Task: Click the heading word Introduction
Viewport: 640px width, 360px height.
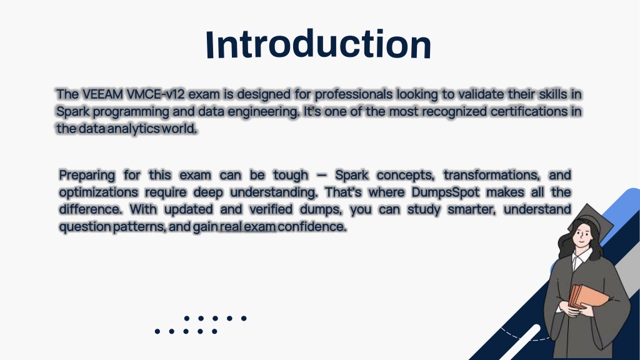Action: [318, 44]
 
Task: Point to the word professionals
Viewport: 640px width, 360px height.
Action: [354, 94]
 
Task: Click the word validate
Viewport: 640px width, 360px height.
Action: [481, 94]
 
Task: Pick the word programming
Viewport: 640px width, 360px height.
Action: [131, 111]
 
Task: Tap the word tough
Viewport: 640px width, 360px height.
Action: [291, 175]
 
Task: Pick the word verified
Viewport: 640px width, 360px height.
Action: [271, 209]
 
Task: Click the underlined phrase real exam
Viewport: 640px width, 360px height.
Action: [247, 226]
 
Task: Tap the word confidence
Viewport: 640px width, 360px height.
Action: [312, 226]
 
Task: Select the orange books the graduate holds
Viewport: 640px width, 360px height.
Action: [587, 296]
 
